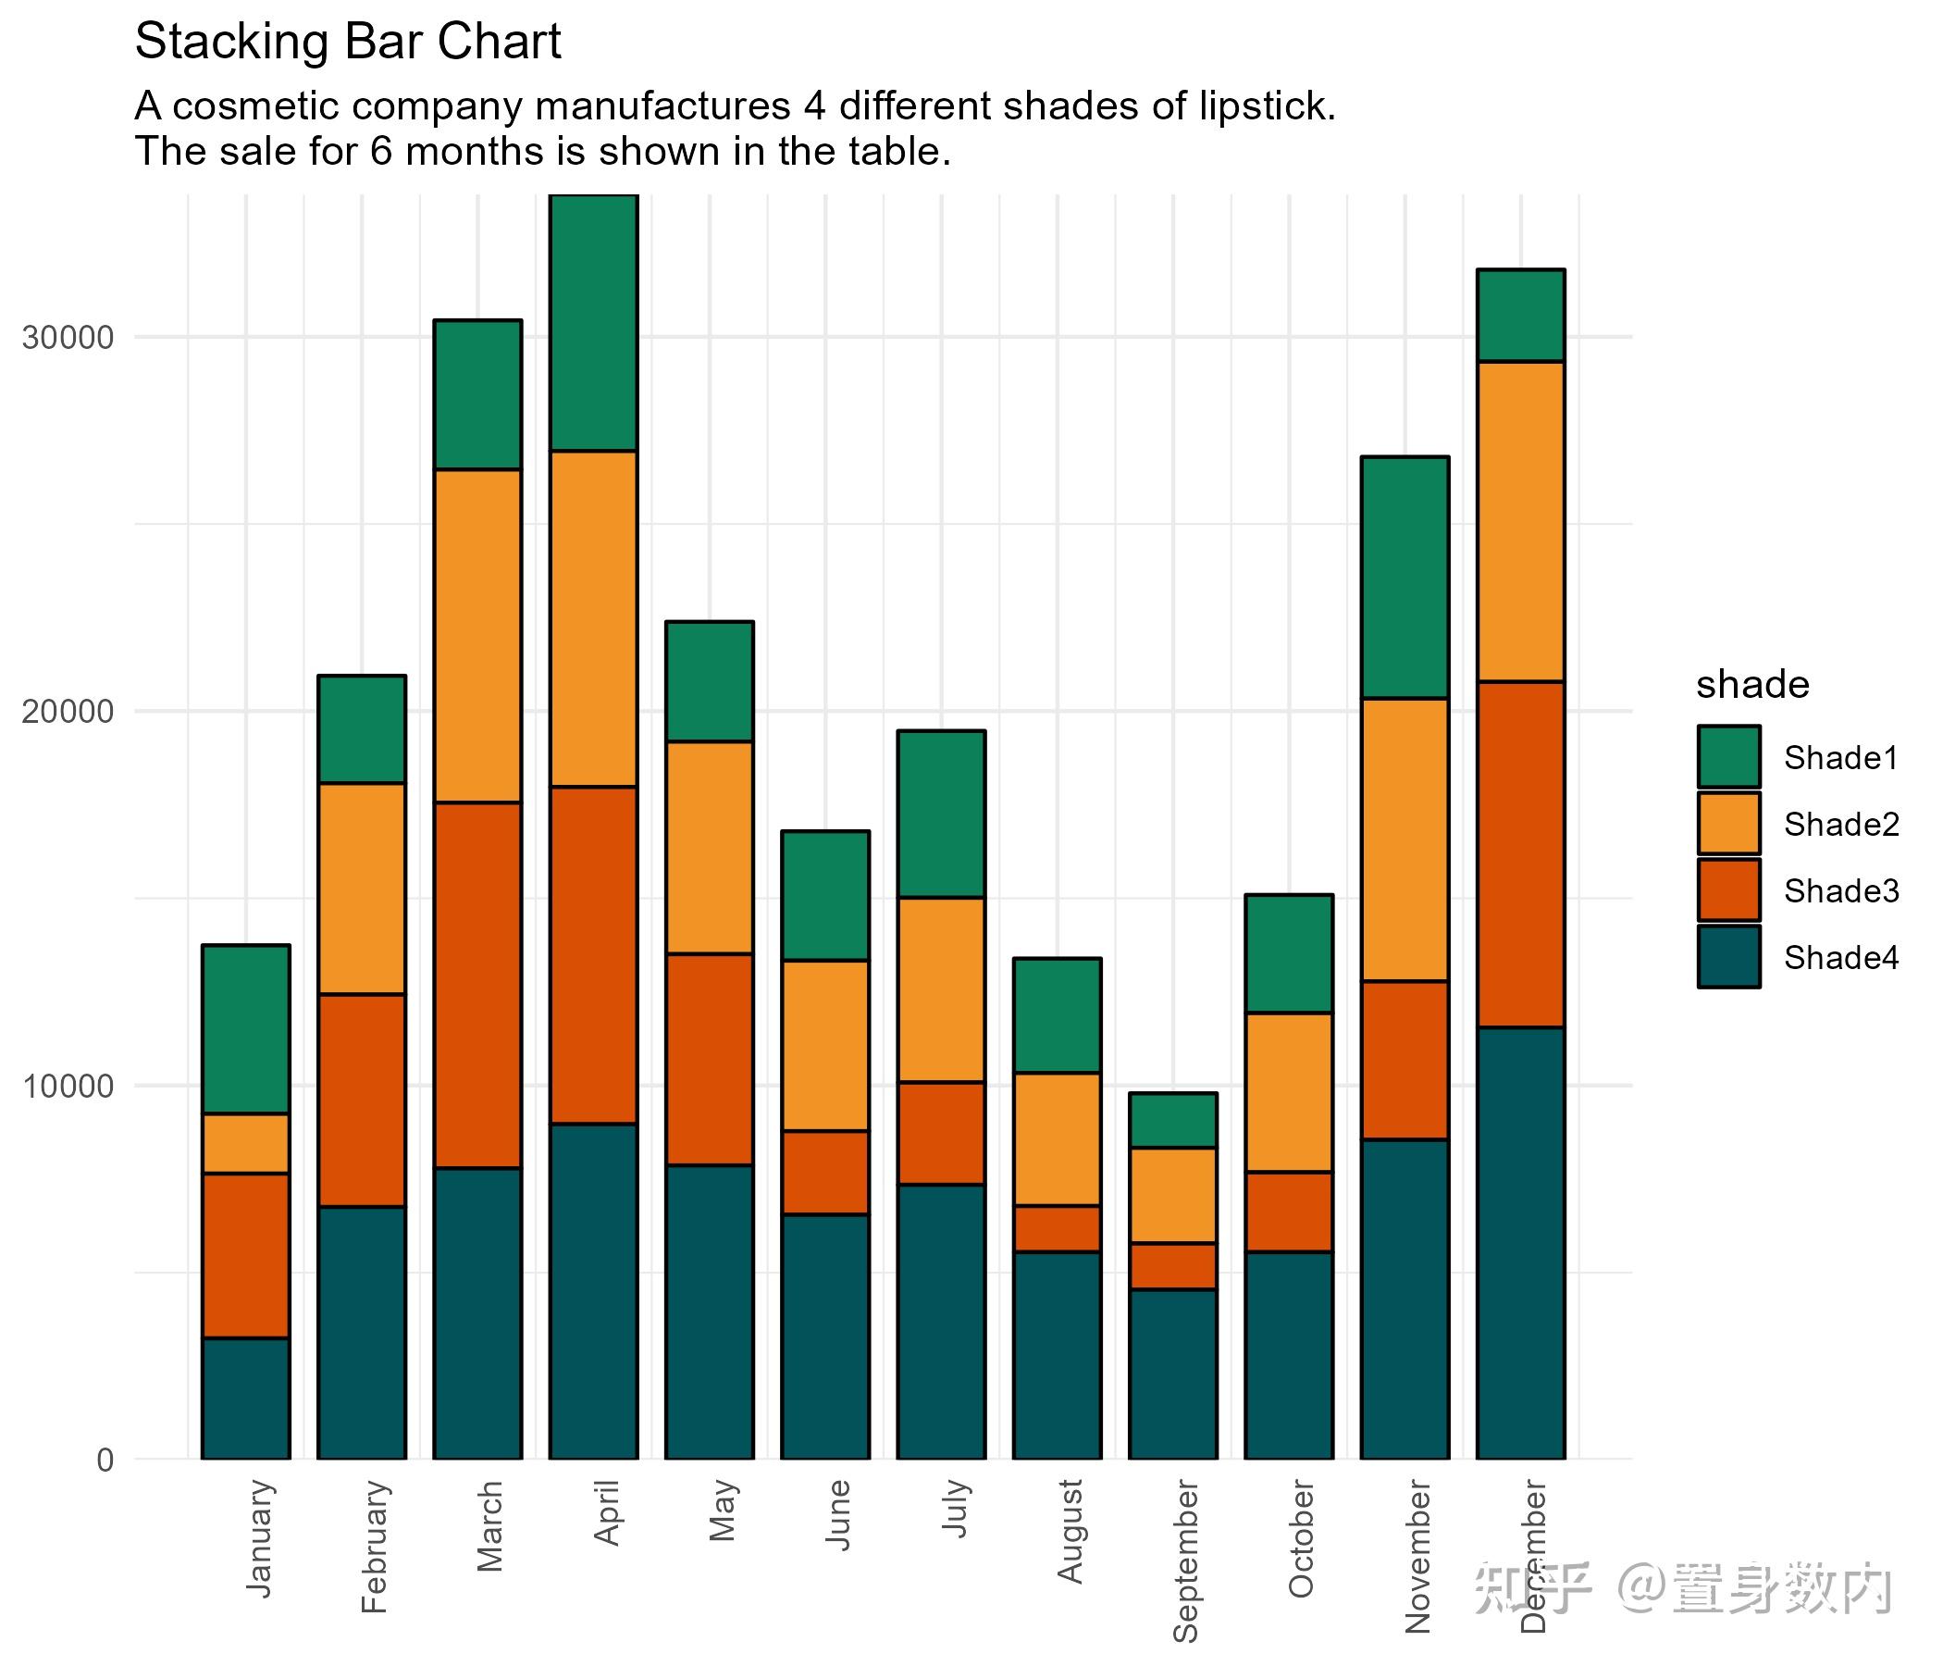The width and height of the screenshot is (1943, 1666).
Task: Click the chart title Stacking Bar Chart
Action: [347, 43]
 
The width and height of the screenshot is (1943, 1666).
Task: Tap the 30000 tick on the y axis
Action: [68, 337]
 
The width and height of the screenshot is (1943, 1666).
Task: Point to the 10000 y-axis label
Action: [68, 1087]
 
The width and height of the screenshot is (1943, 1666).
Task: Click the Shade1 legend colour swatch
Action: [1728, 757]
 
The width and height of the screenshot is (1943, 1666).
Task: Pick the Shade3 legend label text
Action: [1841, 891]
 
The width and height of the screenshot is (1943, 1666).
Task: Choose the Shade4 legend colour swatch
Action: [1728, 957]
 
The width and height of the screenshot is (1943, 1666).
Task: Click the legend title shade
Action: [1751, 685]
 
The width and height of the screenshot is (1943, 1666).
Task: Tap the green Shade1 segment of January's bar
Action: [246, 1029]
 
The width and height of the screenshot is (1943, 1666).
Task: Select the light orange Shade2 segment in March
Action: [477, 636]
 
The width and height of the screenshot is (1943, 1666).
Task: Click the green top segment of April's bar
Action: [594, 323]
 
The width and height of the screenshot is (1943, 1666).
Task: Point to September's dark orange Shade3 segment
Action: [1172, 1266]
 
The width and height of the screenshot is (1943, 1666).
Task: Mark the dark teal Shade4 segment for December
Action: [1520, 1243]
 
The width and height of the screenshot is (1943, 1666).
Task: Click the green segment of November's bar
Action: [1405, 578]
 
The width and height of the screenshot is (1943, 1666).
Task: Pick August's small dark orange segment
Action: [1057, 1229]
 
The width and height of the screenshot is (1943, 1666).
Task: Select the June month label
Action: [837, 1515]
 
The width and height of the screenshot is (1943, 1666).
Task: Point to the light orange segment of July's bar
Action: [941, 989]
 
